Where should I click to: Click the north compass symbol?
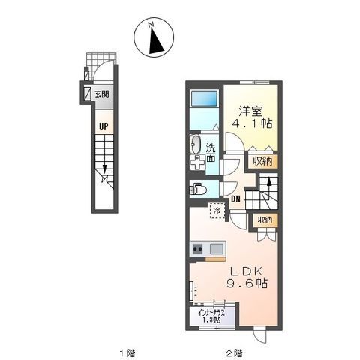[154, 37]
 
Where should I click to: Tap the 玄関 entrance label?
[102, 94]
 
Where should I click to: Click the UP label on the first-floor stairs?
[103, 126]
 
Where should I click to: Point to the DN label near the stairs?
[235, 199]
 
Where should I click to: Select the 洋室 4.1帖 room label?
[252, 117]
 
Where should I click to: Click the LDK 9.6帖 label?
[247, 277]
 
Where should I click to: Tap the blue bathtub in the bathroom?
[204, 98]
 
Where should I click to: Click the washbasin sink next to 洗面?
[195, 145]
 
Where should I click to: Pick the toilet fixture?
[198, 189]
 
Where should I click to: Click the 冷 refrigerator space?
[217, 211]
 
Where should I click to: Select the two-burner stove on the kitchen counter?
[197, 249]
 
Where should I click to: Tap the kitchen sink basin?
[217, 249]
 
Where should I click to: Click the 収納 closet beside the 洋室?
[262, 161]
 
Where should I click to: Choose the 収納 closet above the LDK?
[265, 220]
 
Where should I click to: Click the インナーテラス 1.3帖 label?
[211, 316]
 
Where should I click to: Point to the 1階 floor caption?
[127, 353]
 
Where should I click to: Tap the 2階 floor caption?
[234, 353]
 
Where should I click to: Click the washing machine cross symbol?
[197, 163]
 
